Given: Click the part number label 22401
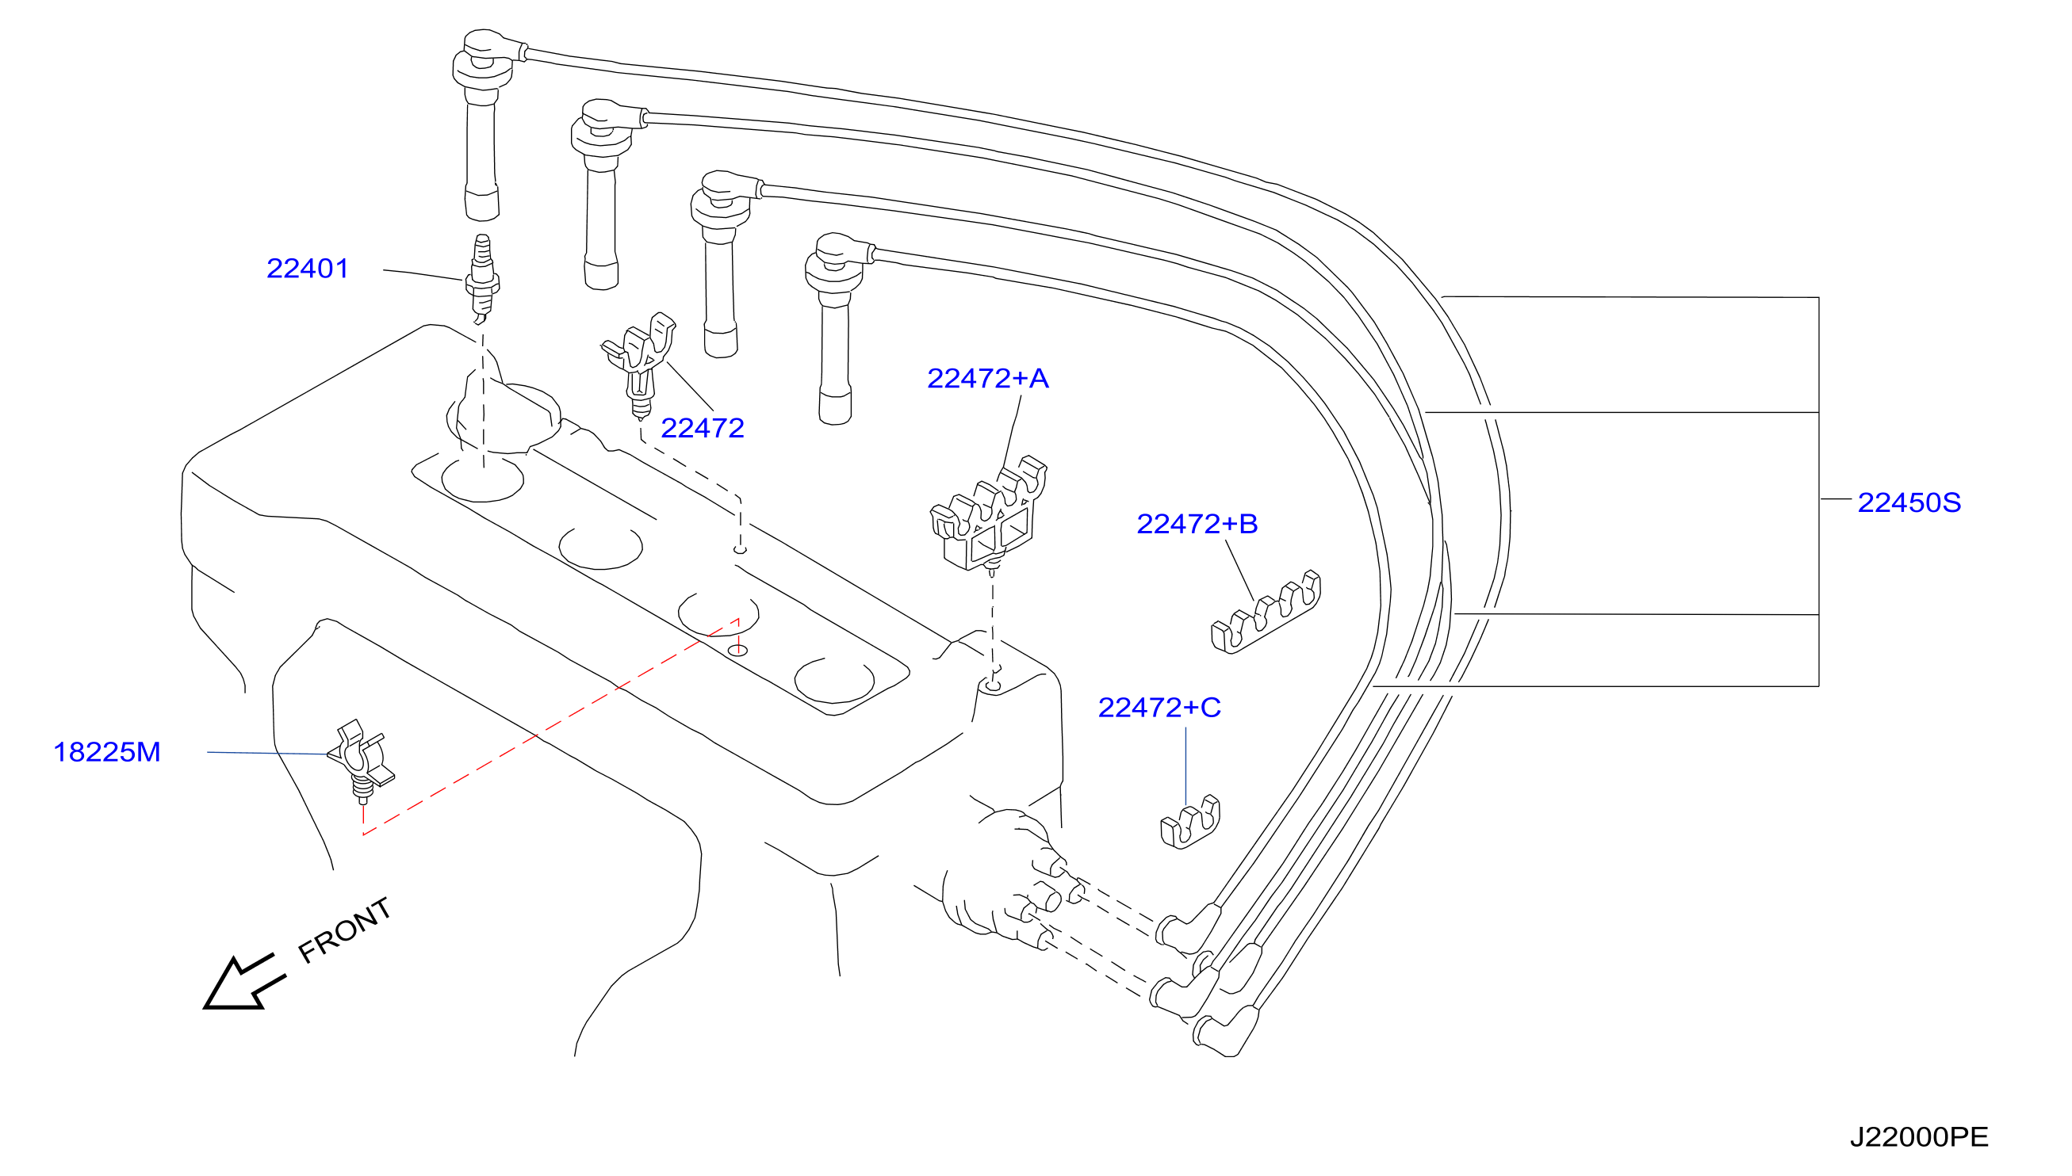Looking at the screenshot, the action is click(307, 268).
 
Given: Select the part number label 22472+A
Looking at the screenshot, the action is click(987, 378).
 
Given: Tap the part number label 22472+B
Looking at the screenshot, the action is click(1197, 523).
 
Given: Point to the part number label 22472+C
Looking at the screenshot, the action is click(1159, 708).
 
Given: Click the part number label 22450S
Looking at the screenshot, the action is click(1909, 502).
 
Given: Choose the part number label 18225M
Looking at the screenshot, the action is click(107, 752).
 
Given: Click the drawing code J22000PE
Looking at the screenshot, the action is click(1918, 1137).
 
